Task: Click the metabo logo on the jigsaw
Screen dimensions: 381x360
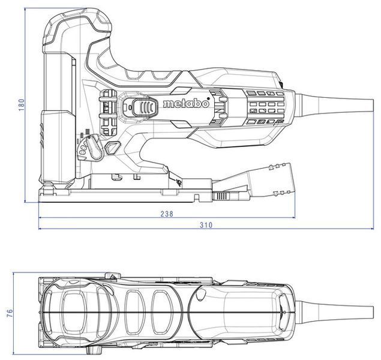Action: tap(186, 103)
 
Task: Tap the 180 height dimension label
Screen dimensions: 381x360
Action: tap(22, 104)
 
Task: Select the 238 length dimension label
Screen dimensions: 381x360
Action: tap(167, 214)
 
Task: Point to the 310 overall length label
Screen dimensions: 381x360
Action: tap(206, 225)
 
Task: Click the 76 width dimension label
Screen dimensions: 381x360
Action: tap(10, 313)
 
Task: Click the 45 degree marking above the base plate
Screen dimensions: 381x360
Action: tap(179, 181)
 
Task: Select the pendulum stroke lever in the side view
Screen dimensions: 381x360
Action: tap(94, 148)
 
